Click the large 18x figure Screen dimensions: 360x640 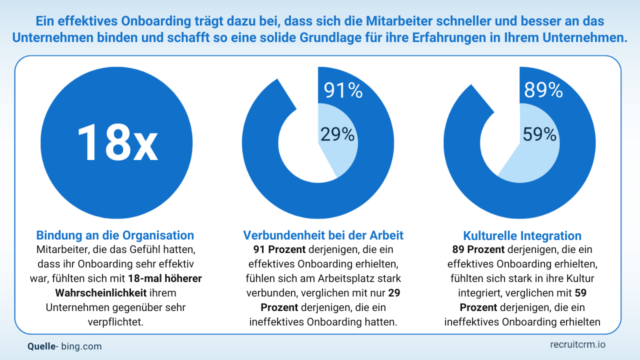pyautogui.click(x=117, y=142)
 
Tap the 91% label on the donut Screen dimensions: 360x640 pyautogui.click(x=343, y=90)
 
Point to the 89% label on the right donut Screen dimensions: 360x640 pyautogui.click(x=543, y=90)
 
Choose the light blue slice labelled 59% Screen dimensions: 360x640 pyautogui.click(x=530, y=160)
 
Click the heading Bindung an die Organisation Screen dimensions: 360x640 pyautogui.click(x=115, y=235)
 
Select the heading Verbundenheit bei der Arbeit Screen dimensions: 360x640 pyautogui.click(x=323, y=235)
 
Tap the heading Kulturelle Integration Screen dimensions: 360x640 pyautogui.click(x=522, y=235)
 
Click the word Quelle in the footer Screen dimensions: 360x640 pyautogui.click(x=41, y=346)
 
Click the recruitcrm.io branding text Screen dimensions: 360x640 pyautogui.click(x=577, y=344)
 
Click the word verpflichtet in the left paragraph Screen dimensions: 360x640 pyautogui.click(x=114, y=322)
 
